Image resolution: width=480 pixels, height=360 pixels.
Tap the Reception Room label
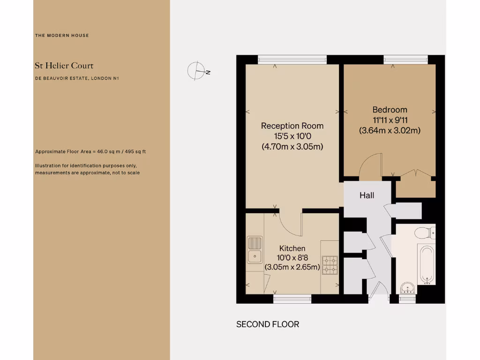click(x=292, y=126)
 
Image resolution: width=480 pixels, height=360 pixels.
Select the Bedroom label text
click(x=390, y=110)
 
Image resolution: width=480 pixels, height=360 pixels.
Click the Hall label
click(x=367, y=195)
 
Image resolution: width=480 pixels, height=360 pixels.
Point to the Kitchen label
click(x=292, y=248)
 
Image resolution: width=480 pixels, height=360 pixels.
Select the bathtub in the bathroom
click(x=427, y=264)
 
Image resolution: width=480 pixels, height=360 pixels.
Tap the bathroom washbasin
click(x=407, y=287)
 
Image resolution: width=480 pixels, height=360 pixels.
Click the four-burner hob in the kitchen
click(x=330, y=265)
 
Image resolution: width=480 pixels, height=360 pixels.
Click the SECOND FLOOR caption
click(x=267, y=324)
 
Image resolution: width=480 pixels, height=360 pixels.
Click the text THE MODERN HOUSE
click(x=62, y=36)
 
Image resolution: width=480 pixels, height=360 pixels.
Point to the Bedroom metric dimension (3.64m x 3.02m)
click(x=390, y=131)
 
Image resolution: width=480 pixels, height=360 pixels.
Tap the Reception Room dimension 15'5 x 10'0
click(x=292, y=136)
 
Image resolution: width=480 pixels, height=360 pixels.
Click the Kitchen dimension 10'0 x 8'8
click(x=292, y=258)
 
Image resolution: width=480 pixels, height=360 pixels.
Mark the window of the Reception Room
click(x=292, y=60)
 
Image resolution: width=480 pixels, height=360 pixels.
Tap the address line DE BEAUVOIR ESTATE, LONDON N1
click(x=77, y=78)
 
